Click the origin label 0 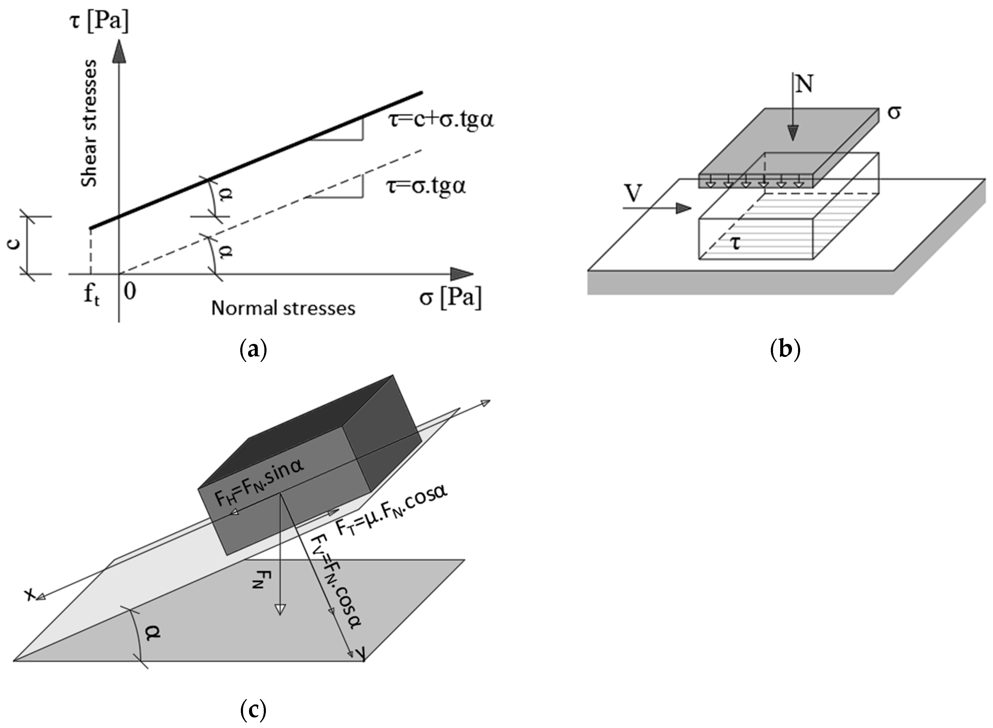(129, 291)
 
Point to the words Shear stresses (90, 124)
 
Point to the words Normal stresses (283, 308)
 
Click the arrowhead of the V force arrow (683, 208)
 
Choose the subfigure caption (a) (253, 350)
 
